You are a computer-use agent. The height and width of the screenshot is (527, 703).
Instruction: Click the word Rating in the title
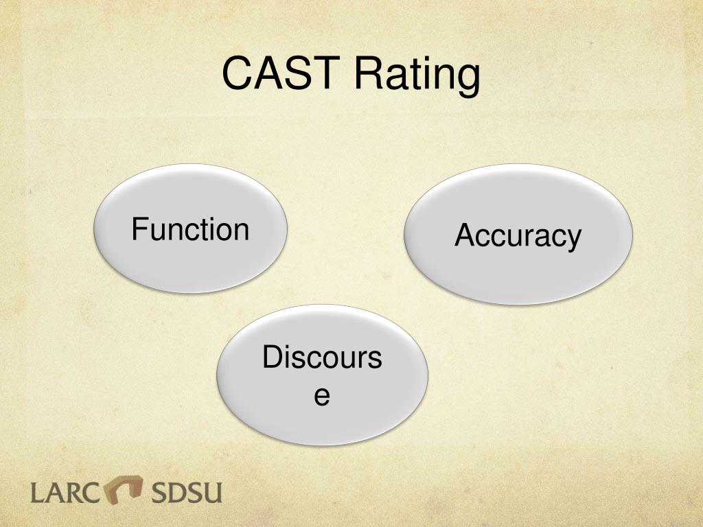coord(417,76)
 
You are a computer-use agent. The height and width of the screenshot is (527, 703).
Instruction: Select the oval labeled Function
coord(191,229)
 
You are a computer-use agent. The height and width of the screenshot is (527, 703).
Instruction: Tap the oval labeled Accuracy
coord(518,234)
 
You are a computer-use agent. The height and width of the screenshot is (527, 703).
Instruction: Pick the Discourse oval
coord(323,375)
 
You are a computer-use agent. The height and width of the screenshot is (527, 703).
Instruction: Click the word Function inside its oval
coord(191,229)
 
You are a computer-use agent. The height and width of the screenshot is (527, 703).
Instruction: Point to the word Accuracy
coord(518,236)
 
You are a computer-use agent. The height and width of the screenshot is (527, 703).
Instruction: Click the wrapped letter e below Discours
coord(322,396)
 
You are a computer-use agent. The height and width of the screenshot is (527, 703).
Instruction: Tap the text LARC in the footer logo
coord(65,492)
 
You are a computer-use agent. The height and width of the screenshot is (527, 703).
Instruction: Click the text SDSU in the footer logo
coord(187,492)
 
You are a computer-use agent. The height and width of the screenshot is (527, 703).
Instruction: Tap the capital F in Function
coord(139,229)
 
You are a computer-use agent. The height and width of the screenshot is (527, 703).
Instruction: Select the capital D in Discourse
coord(273,357)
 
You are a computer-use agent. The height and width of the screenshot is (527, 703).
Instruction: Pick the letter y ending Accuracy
coord(574,241)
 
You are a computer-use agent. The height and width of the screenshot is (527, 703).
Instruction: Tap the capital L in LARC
coord(38,493)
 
